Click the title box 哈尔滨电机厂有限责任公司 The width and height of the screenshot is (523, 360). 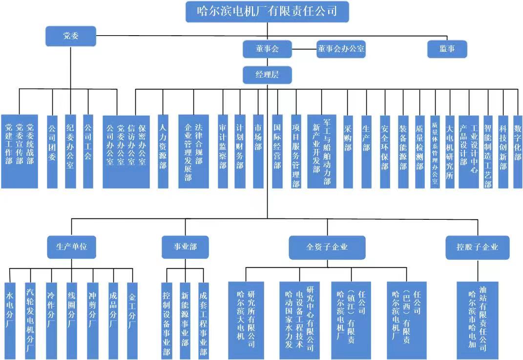(x=267, y=12)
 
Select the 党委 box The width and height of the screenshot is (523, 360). (x=71, y=36)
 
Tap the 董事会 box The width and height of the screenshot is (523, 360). (x=267, y=49)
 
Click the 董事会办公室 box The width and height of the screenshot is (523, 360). (x=341, y=49)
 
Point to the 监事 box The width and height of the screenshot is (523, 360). (x=447, y=49)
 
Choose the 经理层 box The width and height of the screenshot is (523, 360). (x=267, y=75)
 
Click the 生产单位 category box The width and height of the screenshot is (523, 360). (x=71, y=247)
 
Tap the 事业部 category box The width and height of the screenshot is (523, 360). (x=185, y=247)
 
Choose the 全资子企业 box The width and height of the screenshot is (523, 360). (x=327, y=247)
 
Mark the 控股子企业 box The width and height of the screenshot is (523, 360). (x=477, y=247)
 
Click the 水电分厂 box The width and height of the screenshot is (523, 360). (x=10, y=320)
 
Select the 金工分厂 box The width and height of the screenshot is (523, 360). (x=132, y=320)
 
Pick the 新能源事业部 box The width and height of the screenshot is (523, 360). (x=185, y=320)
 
